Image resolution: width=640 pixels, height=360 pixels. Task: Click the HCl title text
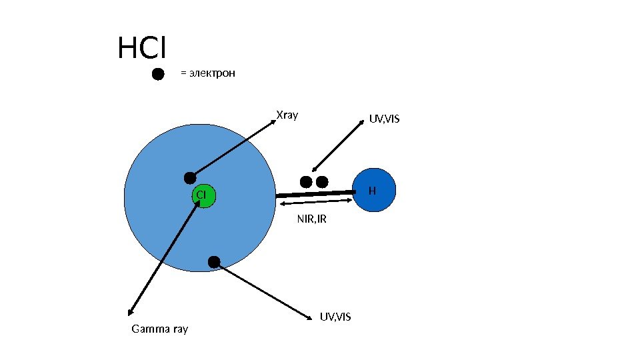pyautogui.click(x=141, y=48)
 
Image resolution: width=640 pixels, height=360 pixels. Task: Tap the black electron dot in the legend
pyautogui.click(x=158, y=74)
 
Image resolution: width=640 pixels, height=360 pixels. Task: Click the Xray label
pyautogui.click(x=287, y=115)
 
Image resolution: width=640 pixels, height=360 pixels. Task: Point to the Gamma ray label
pyautogui.click(x=160, y=329)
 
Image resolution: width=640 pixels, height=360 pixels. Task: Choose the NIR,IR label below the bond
pyautogui.click(x=311, y=219)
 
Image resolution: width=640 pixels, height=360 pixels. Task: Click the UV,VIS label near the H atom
pyautogui.click(x=384, y=119)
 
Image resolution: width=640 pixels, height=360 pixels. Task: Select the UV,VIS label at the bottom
pyautogui.click(x=335, y=315)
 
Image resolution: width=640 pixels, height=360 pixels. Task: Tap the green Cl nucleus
pyautogui.click(x=201, y=194)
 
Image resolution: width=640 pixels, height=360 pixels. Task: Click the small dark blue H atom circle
pyautogui.click(x=374, y=191)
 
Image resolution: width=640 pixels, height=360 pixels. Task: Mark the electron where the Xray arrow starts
pyautogui.click(x=190, y=177)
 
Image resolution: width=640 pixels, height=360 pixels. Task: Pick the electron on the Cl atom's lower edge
pyautogui.click(x=214, y=262)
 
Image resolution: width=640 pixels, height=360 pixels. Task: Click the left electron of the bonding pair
pyautogui.click(x=306, y=181)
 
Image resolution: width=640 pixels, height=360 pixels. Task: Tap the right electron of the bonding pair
pyautogui.click(x=322, y=181)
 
